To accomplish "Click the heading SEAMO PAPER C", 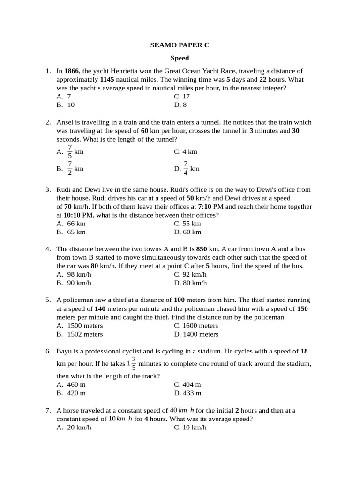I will pyautogui.click(x=180, y=45).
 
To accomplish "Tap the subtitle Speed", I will pyautogui.click(x=180, y=58).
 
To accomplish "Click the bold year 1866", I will pyautogui.click(x=72, y=71).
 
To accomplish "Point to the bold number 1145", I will pyautogui.click(x=107, y=79).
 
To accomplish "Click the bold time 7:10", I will pyautogui.click(x=205, y=206).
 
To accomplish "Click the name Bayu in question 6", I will pyautogui.click(x=64, y=351).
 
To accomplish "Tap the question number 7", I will pyautogui.click(x=48, y=410).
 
